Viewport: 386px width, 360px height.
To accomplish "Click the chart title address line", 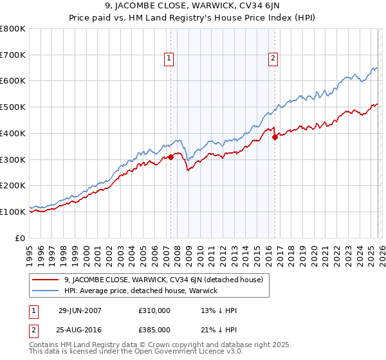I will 192,8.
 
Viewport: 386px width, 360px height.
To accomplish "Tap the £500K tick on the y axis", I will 13,107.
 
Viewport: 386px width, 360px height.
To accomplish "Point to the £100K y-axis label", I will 13,212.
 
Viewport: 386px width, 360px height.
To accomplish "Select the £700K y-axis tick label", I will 13,55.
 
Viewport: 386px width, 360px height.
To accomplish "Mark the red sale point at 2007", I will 171,157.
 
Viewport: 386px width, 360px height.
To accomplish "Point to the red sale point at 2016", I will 275,137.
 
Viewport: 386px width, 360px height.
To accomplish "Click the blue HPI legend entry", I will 141,291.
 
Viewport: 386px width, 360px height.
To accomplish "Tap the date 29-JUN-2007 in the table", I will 80,310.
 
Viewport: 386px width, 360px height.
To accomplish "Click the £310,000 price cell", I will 154,310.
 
